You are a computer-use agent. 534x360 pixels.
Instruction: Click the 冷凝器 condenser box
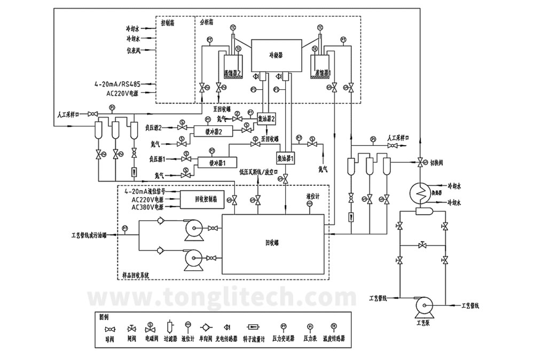point(276,55)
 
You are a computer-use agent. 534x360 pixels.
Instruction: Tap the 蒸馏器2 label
point(232,73)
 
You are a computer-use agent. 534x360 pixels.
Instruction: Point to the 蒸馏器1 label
point(323,72)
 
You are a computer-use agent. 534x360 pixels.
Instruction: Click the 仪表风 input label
point(133,51)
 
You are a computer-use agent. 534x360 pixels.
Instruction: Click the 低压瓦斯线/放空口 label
point(260,172)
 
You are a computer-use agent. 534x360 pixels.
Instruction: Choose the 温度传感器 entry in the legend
point(334,339)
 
